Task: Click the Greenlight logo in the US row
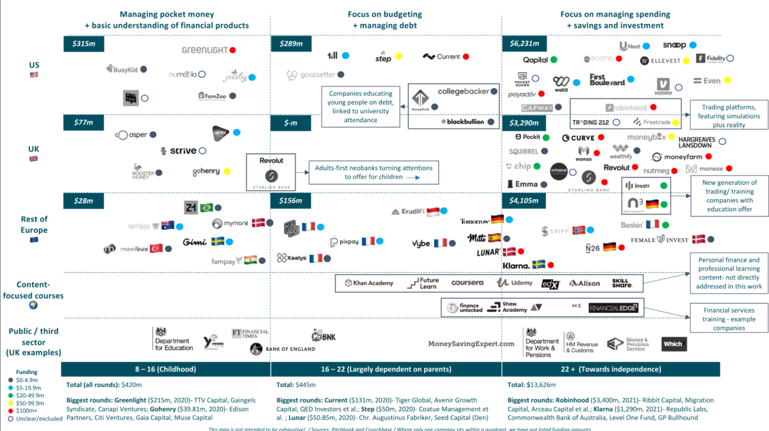(205, 50)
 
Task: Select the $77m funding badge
(83, 122)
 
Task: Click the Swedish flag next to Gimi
(218, 242)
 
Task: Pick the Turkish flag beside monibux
(157, 249)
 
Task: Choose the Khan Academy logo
(368, 283)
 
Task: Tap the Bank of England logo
(282, 349)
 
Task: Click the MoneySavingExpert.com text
(471, 344)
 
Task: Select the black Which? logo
(674, 344)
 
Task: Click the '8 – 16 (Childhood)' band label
(165, 370)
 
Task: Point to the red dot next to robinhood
(653, 107)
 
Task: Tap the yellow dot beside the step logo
(399, 57)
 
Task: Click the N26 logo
(592, 248)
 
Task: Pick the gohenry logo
(206, 171)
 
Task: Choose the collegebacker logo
(463, 91)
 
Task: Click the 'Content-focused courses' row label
(33, 290)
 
